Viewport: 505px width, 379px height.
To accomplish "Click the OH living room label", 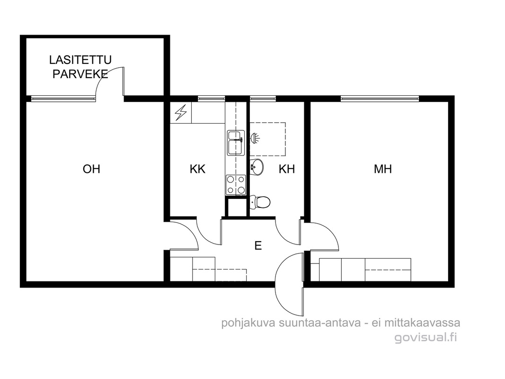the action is (x=91, y=169).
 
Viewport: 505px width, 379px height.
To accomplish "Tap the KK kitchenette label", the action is (x=197, y=169).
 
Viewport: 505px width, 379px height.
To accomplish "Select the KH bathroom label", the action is (x=287, y=169).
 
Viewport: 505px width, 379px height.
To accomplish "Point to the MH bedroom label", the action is (x=382, y=169).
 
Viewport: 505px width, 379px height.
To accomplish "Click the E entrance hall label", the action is (x=258, y=245).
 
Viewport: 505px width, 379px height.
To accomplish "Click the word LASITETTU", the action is (x=80, y=60).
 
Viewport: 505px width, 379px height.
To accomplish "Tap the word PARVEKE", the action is (x=80, y=74).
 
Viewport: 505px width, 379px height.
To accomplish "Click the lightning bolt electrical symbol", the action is (x=181, y=112).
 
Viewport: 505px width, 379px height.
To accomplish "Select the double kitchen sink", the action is (x=236, y=143).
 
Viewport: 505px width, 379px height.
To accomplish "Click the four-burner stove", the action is (x=236, y=185).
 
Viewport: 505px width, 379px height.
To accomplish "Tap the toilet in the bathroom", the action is (x=260, y=202).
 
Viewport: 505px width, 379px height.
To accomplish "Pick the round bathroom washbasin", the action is (x=257, y=167).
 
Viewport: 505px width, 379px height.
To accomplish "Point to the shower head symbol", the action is (x=255, y=138).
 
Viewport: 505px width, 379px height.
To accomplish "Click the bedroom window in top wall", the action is (x=380, y=98).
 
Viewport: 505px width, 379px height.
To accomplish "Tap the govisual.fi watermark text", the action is (x=426, y=337).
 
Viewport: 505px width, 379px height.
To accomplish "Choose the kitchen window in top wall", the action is (x=211, y=98).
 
